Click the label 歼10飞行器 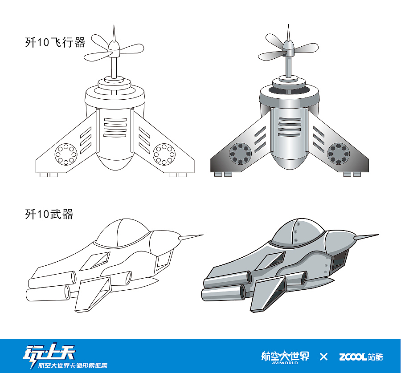(55, 42)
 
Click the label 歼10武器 (49, 214)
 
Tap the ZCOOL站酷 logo (361, 357)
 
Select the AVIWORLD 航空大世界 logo (285, 357)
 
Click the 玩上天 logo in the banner (65, 357)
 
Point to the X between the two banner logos (323, 357)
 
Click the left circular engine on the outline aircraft (66, 154)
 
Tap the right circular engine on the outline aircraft (164, 154)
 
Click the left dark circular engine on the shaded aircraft (240, 154)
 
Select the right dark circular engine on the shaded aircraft (338, 154)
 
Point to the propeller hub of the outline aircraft (114, 49)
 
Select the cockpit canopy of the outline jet (122, 232)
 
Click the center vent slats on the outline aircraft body (115, 127)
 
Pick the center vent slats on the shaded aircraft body (290, 127)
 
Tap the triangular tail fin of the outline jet (94, 294)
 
